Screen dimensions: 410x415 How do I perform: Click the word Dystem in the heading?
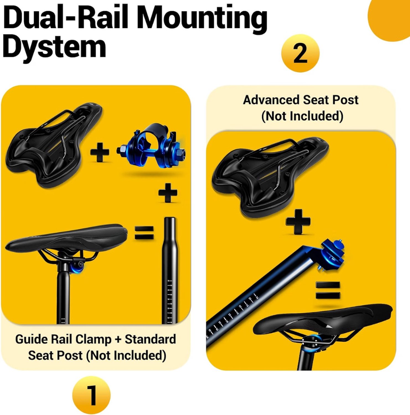pyautogui.click(x=54, y=47)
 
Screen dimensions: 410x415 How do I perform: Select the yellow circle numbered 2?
pyautogui.click(x=300, y=53)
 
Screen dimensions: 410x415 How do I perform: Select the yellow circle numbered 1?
pyautogui.click(x=91, y=395)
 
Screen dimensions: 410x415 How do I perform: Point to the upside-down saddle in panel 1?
pyautogui.click(x=54, y=144)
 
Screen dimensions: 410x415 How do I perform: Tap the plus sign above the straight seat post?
pyautogui.click(x=168, y=193)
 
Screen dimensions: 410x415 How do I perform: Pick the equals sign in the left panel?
pyautogui.click(x=144, y=232)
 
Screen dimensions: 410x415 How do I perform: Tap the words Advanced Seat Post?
pyautogui.click(x=301, y=100)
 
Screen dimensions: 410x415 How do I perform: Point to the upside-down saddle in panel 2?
pyautogui.click(x=270, y=177)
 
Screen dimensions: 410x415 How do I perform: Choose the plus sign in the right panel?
pyautogui.click(x=298, y=222)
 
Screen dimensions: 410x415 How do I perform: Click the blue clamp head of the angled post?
pyautogui.click(x=332, y=255)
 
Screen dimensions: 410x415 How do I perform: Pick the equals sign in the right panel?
pyautogui.click(x=328, y=290)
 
